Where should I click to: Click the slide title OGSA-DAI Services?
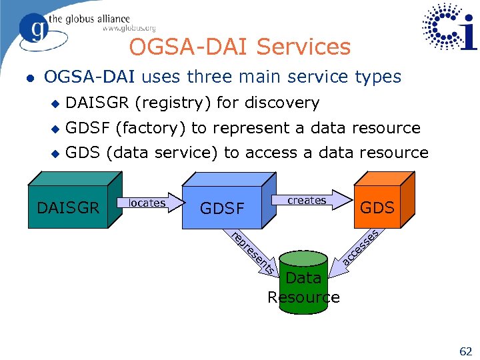click(239, 47)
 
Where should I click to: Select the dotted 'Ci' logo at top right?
click(449, 27)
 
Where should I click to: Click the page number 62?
click(465, 349)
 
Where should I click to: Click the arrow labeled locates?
click(148, 203)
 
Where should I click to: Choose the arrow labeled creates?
click(309, 200)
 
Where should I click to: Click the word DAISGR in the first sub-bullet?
click(98, 103)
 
